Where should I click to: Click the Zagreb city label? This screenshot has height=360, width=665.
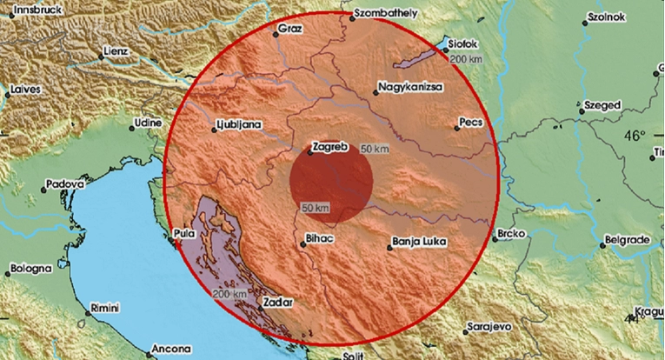coord(330,148)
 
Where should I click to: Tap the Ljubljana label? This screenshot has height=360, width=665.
coord(241,124)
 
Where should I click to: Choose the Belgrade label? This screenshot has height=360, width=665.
coord(630,239)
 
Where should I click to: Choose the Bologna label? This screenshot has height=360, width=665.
coord(32,270)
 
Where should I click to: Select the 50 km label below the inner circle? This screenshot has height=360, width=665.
coord(316,208)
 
